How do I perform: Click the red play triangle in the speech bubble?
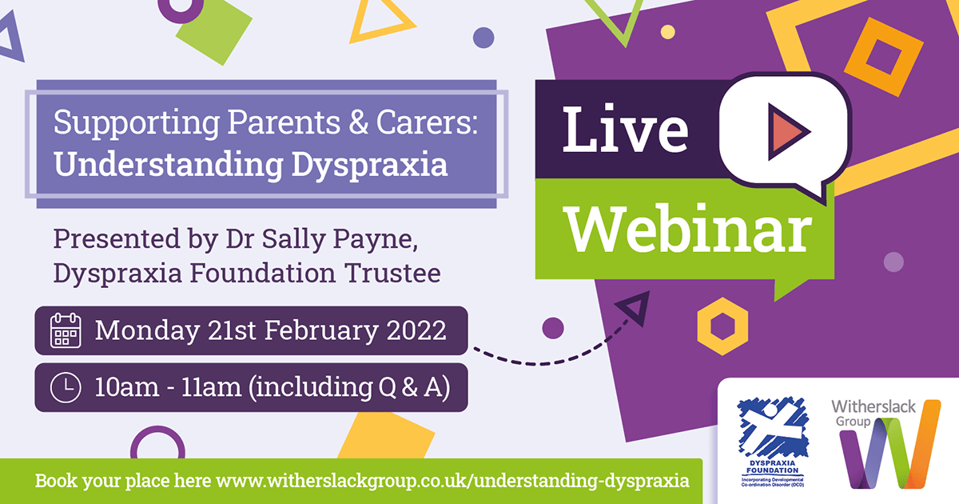pyautogui.click(x=787, y=131)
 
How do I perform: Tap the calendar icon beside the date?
pyautogui.click(x=66, y=330)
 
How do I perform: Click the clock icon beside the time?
pyautogui.click(x=66, y=388)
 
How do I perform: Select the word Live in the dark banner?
pyautogui.click(x=625, y=129)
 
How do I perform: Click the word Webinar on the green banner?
pyautogui.click(x=688, y=230)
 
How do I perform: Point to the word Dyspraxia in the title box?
pyautogui.click(x=370, y=166)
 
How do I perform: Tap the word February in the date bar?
pyautogui.click(x=321, y=331)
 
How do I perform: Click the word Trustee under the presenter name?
pyautogui.click(x=392, y=273)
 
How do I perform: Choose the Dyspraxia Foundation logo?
pyautogui.click(x=773, y=442)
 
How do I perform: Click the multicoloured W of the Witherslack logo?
pyautogui.click(x=889, y=445)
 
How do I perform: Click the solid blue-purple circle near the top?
pyautogui.click(x=483, y=38)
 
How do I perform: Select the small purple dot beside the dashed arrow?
pyautogui.click(x=553, y=328)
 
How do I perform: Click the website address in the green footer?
pyautogui.click(x=452, y=481)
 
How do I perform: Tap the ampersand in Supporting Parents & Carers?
pyautogui.click(x=358, y=122)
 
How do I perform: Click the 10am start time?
pyautogui.click(x=127, y=387)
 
